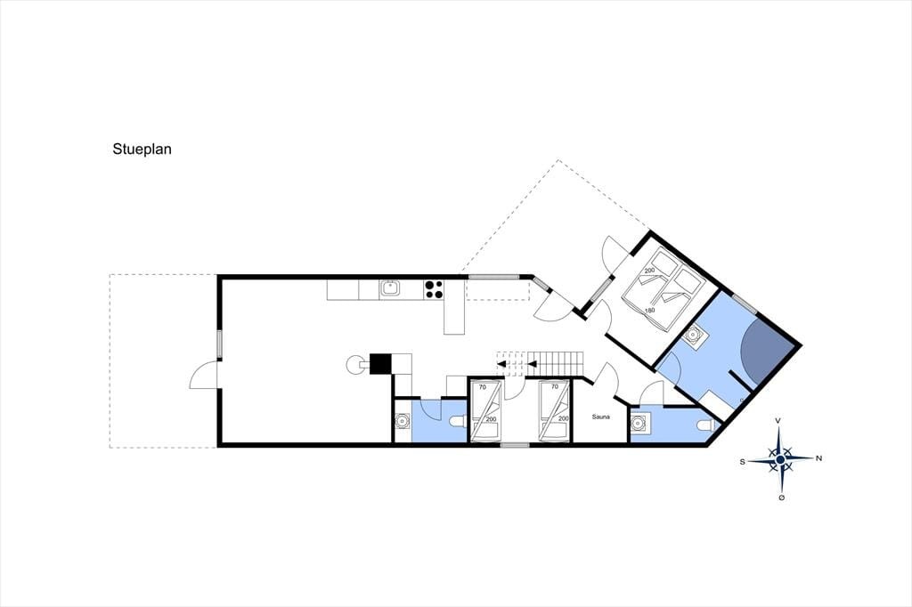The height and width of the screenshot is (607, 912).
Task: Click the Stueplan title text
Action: [x=142, y=150]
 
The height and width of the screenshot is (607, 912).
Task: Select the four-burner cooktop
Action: [x=434, y=289]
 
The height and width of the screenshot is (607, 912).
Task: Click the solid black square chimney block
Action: [x=381, y=363]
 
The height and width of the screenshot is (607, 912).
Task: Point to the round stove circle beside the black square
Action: [x=354, y=365]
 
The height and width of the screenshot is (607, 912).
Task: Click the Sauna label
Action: [x=601, y=417]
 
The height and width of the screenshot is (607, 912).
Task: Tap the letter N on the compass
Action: [x=819, y=458]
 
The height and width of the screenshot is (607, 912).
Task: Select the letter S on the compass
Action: [x=742, y=462]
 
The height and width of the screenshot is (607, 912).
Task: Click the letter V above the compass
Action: [x=778, y=420]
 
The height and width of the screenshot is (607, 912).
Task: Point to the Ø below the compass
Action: [x=781, y=498]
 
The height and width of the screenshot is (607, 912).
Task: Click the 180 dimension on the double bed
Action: [x=649, y=311]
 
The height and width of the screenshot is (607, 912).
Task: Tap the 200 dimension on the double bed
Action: [x=649, y=271]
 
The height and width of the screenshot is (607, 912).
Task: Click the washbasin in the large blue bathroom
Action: [x=694, y=336]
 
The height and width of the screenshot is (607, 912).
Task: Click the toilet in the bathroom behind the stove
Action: [x=458, y=422]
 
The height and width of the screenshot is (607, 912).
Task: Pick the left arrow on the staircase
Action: [x=501, y=365]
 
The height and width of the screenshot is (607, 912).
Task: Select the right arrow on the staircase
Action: [x=533, y=365]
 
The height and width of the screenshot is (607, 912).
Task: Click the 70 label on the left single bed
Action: [x=482, y=386]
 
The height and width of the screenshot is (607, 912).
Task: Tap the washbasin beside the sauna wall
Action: [x=641, y=424]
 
